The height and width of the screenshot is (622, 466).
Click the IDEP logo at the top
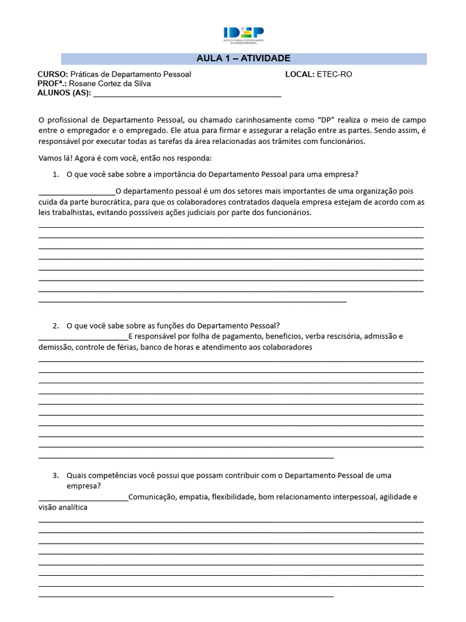pos(243,35)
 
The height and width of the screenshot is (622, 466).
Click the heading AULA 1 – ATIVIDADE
pos(243,58)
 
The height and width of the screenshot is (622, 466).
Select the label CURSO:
pos(53,74)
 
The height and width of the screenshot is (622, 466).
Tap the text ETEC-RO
pos(334,74)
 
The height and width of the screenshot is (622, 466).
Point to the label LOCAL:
pos(300,74)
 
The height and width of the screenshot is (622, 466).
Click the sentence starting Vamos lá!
pos(125,158)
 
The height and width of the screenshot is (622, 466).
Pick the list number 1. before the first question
pos(56,174)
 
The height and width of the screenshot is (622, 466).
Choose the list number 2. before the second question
pos(56,325)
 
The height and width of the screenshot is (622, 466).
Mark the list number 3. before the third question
pos(56,475)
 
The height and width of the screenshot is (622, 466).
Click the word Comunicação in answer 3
pos(151,497)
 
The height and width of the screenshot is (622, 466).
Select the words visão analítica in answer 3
pos(62,507)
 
